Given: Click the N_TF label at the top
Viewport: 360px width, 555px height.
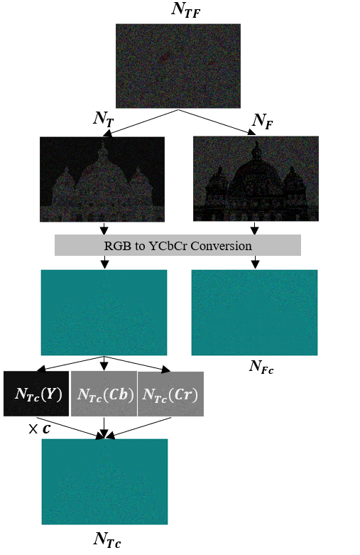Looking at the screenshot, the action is (185, 9).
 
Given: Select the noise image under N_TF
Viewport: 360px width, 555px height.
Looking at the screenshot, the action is (178, 66).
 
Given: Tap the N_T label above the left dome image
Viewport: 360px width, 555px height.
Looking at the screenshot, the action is (104, 119).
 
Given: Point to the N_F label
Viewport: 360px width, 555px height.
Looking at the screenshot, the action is (263, 121).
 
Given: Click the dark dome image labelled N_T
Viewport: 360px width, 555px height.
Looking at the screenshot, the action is (102, 179).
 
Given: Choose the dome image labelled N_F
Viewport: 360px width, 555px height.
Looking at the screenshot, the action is (256, 179).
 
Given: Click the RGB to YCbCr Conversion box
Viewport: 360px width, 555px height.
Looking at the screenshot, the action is (178, 245).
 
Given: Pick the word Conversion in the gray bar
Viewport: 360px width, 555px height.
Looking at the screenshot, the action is (222, 246).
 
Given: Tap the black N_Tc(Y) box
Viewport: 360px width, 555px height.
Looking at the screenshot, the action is (36, 394).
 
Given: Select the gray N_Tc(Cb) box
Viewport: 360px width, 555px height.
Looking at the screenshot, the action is (104, 394).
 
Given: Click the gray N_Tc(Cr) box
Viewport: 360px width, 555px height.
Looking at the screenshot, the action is (170, 394).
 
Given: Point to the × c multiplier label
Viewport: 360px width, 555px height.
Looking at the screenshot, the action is (39, 429).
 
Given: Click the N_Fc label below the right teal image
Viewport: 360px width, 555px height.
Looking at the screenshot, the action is (261, 367).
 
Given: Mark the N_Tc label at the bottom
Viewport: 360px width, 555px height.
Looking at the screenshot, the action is (107, 540).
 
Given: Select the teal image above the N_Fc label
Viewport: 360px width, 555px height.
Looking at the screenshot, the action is (255, 313).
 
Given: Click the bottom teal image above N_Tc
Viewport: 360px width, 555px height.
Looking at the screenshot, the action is (104, 482).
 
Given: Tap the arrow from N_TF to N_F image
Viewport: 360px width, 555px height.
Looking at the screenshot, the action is (217, 122).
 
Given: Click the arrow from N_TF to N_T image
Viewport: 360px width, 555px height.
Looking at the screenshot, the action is (141, 123).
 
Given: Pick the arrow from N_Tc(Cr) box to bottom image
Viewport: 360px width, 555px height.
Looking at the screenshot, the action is (138, 429).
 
